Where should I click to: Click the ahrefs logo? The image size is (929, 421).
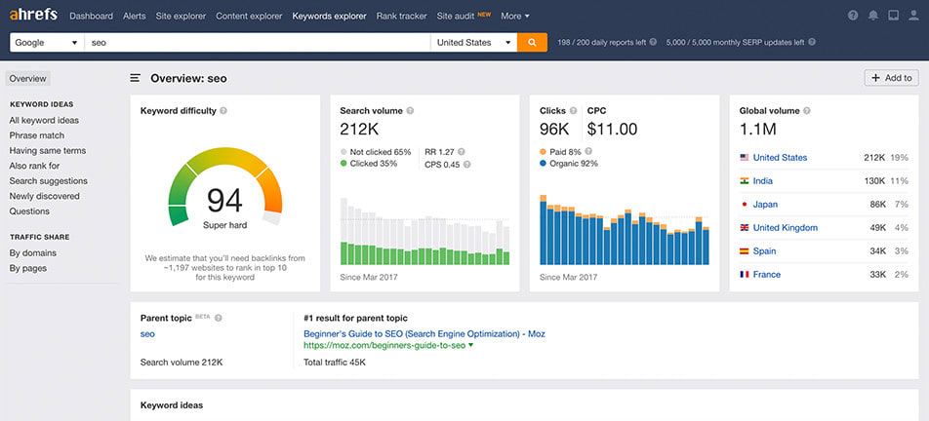35,16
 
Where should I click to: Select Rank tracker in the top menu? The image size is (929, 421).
400,17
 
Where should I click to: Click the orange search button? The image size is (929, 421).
532,43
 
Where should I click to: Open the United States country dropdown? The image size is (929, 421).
474,43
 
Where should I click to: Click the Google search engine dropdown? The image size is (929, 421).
47,43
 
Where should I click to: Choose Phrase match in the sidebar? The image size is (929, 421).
37,135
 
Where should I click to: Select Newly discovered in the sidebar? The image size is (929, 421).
44,196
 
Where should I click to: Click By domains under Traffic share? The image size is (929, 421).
33,253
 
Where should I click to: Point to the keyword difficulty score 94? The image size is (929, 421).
224,201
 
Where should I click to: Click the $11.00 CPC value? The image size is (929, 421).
612,129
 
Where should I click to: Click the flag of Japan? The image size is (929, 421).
745,205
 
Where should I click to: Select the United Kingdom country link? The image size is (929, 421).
785,228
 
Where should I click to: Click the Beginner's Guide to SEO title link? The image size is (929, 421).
424,334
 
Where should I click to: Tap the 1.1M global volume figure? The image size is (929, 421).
758,129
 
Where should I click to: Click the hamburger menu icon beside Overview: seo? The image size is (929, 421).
136,78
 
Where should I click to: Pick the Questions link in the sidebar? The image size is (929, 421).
29,211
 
